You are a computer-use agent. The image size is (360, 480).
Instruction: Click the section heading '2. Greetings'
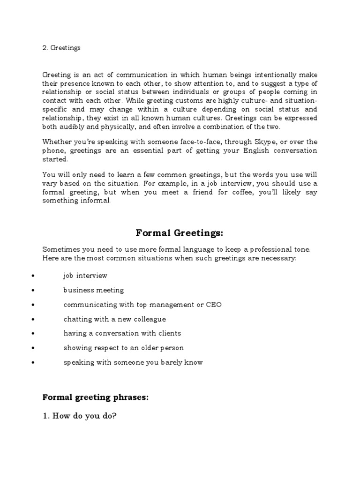(61, 48)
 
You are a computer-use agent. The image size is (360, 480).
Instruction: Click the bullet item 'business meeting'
(94, 290)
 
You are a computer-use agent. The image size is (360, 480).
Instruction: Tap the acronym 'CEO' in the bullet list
(214, 305)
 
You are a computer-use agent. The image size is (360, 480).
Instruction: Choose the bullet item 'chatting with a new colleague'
(115, 319)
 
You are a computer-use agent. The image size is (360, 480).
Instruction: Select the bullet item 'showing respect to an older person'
(124, 348)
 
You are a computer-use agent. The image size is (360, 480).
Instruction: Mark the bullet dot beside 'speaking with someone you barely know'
(33, 363)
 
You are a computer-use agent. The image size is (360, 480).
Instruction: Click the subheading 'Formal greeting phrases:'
(95, 384)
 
